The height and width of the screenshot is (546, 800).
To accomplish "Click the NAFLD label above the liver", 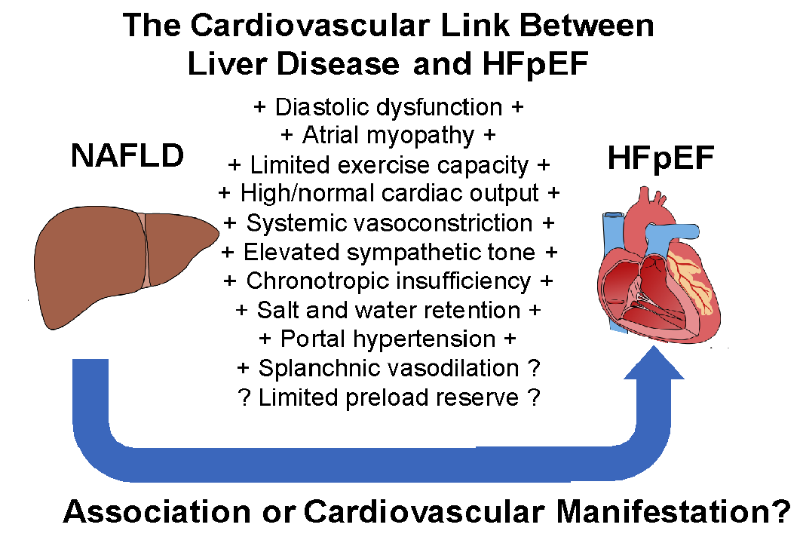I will pos(127,158).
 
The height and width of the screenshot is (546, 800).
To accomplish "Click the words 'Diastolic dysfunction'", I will pos(389,107).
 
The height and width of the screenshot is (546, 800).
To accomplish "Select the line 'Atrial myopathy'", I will pos(388,136).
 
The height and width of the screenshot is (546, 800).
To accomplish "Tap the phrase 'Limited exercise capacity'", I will pos(389,164).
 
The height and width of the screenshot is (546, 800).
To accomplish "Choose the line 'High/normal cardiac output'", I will pos(389,194).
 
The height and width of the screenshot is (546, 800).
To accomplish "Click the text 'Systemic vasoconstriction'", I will pos(389,223).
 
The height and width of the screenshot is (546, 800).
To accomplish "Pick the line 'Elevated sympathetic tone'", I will pos(389,252).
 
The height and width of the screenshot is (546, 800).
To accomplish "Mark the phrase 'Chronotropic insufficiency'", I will pos(389,281).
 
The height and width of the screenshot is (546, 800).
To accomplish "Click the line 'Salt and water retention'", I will pos(389,310).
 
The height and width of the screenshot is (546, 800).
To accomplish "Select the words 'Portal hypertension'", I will pos(388,339).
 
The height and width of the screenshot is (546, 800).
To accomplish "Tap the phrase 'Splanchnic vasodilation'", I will pos(389,368).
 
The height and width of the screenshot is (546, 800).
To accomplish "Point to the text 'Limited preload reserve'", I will pos(389,397).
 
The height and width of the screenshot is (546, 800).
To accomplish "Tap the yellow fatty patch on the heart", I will pos(687,281).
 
